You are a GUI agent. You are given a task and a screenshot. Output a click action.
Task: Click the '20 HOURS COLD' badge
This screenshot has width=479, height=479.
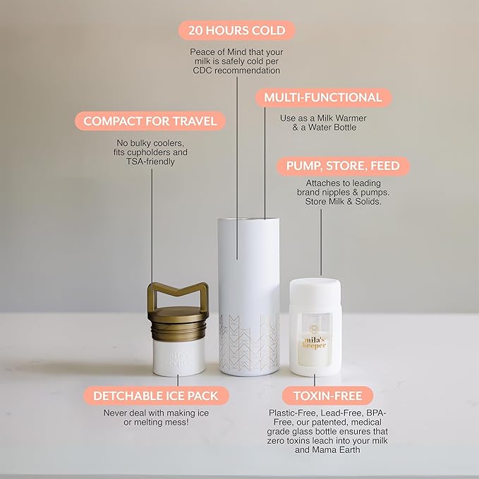236,30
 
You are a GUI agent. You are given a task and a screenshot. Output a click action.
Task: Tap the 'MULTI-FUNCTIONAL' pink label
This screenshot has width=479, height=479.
323,97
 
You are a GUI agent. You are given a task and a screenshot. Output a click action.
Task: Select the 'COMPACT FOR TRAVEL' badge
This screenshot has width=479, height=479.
150,121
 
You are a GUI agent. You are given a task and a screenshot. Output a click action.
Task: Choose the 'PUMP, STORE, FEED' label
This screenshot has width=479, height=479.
343,166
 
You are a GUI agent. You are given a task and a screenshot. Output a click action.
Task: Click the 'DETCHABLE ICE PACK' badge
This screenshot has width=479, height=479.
156,396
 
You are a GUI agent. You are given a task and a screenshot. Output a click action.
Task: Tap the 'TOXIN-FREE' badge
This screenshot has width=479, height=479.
328,396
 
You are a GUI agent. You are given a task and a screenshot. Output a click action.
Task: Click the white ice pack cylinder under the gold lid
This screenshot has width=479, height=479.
178,358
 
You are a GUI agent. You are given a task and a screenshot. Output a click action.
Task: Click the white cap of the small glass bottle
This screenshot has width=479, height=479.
315,293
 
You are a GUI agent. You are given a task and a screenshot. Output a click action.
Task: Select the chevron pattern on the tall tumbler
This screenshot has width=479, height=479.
249,342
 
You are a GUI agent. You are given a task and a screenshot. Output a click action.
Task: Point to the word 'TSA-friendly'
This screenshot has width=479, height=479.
150,162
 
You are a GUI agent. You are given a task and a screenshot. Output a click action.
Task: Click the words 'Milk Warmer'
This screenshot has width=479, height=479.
342,119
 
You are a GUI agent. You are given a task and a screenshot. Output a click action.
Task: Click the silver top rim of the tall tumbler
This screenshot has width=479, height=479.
248,219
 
